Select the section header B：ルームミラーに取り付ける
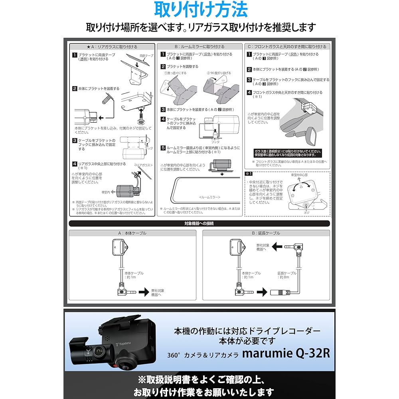[199, 47]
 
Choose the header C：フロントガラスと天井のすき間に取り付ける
[287, 47]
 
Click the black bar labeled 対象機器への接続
[199, 224]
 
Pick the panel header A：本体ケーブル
[132, 233]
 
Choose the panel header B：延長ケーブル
[266, 233]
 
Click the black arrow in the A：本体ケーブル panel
[143, 293]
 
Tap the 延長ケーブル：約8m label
[287, 275]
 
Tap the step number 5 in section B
[163, 148]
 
